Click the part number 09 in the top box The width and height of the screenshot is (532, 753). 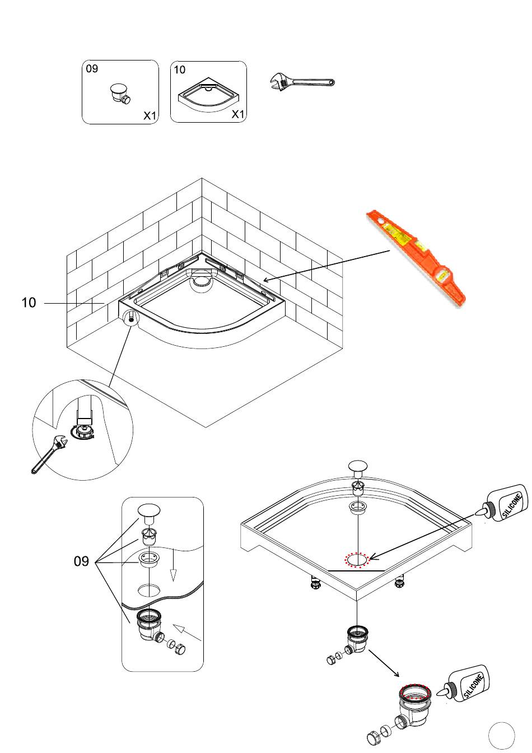92,68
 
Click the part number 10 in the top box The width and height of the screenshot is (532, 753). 179,70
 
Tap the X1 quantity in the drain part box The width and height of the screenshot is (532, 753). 150,115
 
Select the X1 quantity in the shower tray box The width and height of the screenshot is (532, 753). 238,114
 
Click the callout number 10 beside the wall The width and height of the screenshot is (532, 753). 29,303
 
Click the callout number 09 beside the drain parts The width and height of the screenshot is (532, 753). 82,561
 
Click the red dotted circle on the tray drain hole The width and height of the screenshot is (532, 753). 356,559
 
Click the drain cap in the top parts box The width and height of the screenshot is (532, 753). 119,92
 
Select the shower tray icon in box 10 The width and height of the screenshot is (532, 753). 207,95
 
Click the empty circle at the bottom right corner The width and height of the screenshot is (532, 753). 501,735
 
